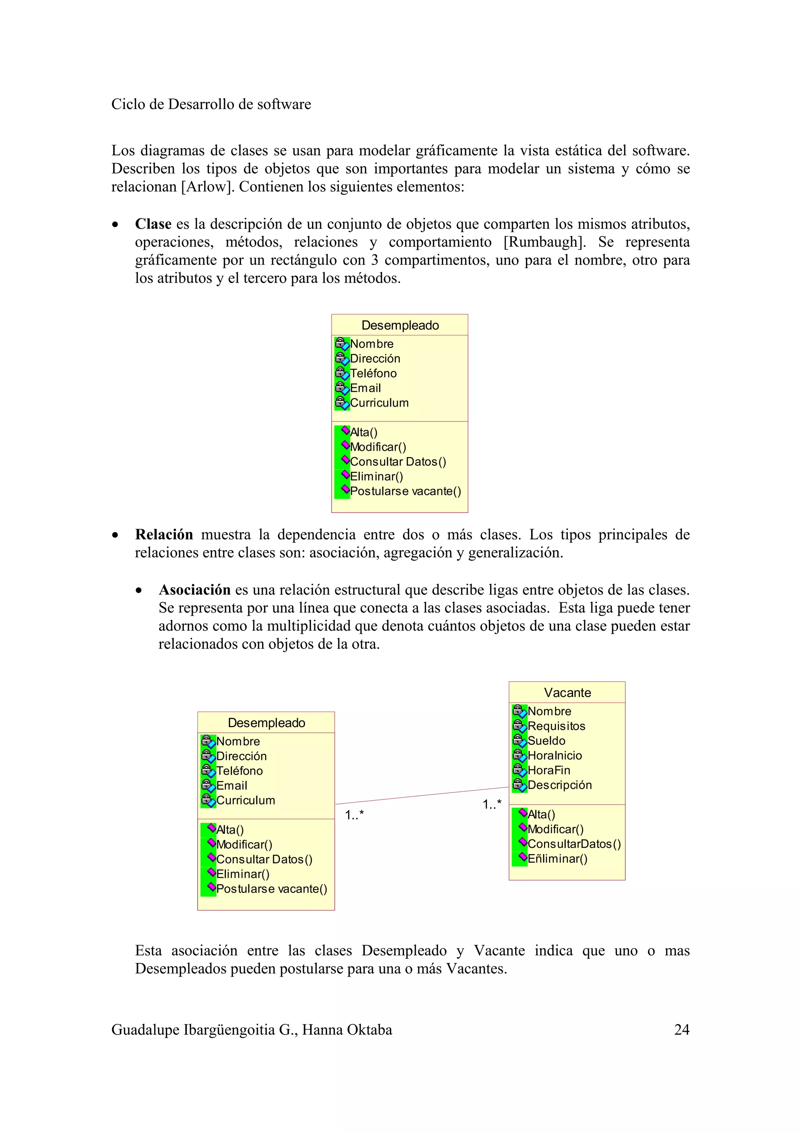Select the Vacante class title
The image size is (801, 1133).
[567, 692]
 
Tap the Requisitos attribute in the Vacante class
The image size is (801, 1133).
[556, 726]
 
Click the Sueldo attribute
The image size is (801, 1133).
[546, 741]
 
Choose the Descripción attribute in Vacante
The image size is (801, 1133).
[560, 785]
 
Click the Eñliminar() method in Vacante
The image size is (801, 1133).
[557, 859]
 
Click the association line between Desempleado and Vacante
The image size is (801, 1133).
[422, 796]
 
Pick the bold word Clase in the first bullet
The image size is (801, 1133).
[153, 224]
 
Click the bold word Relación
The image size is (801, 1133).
[164, 534]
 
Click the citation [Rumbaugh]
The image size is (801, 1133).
[544, 242]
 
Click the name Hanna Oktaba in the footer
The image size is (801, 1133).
[347, 1030]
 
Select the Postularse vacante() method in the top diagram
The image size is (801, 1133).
[405, 491]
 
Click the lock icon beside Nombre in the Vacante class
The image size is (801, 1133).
[519, 711]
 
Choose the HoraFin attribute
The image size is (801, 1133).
[549, 770]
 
